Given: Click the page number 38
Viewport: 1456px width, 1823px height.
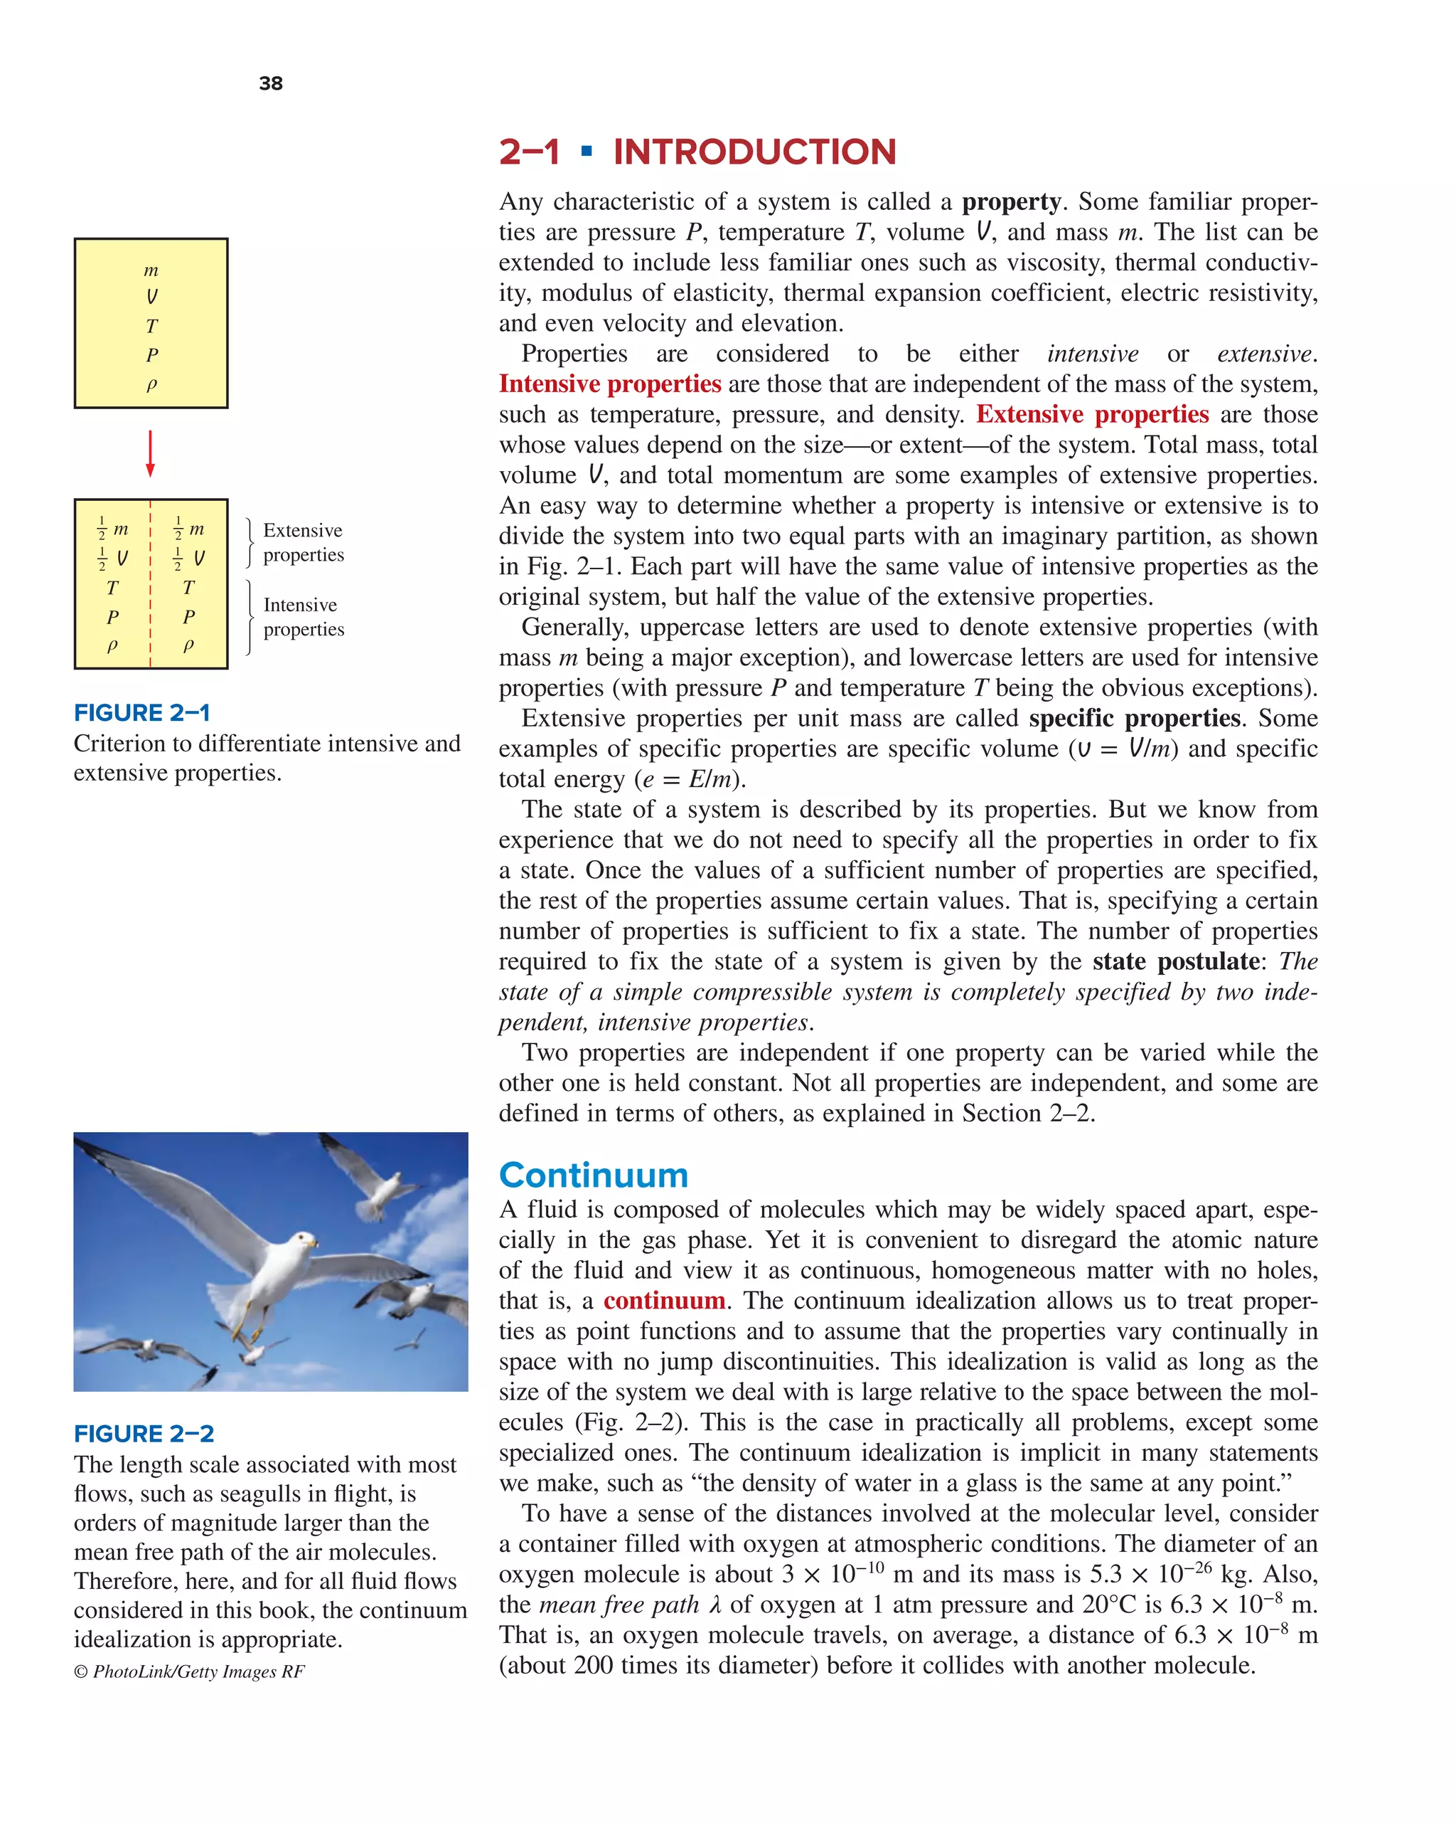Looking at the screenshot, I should coord(270,83).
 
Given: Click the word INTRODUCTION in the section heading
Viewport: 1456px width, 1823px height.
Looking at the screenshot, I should coord(754,152).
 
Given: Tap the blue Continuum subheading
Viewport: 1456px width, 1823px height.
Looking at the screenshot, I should coord(593,1175).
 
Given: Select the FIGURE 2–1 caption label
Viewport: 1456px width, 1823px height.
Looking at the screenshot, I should coord(142,713).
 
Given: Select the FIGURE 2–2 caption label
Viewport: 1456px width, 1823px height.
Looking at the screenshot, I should coord(144,1433).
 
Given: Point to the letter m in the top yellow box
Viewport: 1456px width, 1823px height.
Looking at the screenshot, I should coord(151,270).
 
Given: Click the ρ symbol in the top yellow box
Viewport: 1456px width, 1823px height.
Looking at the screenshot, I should coord(151,385).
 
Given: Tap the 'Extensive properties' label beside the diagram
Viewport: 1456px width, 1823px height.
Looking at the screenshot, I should coord(304,542).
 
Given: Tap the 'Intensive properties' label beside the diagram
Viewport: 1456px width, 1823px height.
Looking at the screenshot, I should coord(304,616).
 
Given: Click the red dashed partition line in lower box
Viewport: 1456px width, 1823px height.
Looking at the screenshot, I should coord(151,583).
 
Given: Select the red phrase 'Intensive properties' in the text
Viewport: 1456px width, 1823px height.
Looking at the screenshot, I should coord(609,384).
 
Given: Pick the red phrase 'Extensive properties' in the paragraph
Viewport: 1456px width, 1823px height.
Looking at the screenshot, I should coord(1092,414).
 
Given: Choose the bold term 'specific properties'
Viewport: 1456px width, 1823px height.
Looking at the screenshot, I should coord(1134,718).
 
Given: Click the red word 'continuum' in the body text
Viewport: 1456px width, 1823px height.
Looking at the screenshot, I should coord(664,1301).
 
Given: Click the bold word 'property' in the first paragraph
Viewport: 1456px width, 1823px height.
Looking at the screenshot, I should coord(1012,201).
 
